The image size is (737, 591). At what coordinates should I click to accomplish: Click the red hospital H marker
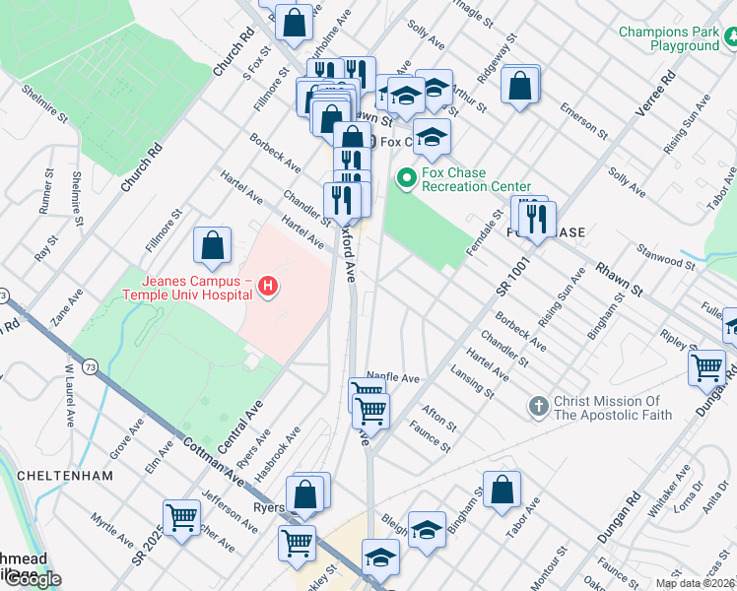266,287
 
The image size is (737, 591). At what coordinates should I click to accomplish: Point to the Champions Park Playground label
669,39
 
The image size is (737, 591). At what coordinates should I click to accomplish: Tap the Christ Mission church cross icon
538,406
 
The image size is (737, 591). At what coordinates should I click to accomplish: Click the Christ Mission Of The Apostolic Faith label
612,408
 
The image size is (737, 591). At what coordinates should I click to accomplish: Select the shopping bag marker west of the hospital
213,247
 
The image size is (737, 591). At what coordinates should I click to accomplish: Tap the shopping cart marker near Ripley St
707,367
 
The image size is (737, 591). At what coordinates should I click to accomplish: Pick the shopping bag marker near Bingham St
502,489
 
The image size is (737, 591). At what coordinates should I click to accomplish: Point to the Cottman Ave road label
213,459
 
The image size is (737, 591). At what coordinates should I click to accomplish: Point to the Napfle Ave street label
393,377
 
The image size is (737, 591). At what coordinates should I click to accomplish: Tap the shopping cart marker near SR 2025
182,517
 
